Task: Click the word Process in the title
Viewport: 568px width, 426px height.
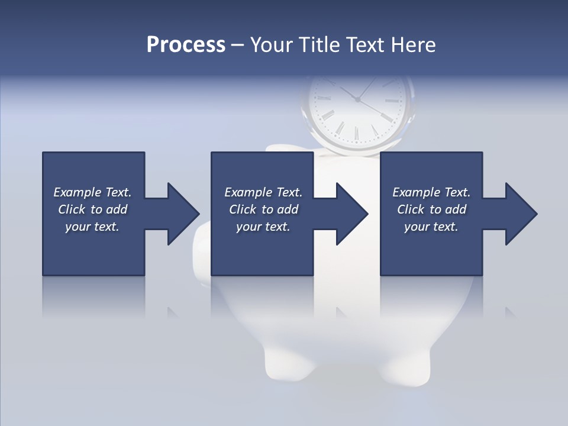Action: click(186, 45)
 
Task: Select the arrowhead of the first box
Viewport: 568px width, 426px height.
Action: click(183, 214)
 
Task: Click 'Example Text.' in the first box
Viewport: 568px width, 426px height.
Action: click(92, 192)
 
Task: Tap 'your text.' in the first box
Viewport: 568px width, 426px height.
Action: click(92, 227)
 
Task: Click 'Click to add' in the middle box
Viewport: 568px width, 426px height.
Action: click(263, 209)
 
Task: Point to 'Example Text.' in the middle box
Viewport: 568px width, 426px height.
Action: click(263, 192)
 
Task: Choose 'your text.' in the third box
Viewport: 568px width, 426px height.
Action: click(431, 227)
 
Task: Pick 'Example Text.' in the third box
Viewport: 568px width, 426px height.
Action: click(431, 192)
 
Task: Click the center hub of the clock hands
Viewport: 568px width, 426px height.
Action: click(357, 99)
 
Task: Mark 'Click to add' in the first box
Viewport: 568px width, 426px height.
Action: click(92, 209)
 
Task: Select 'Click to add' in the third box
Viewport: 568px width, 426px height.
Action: click(431, 209)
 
